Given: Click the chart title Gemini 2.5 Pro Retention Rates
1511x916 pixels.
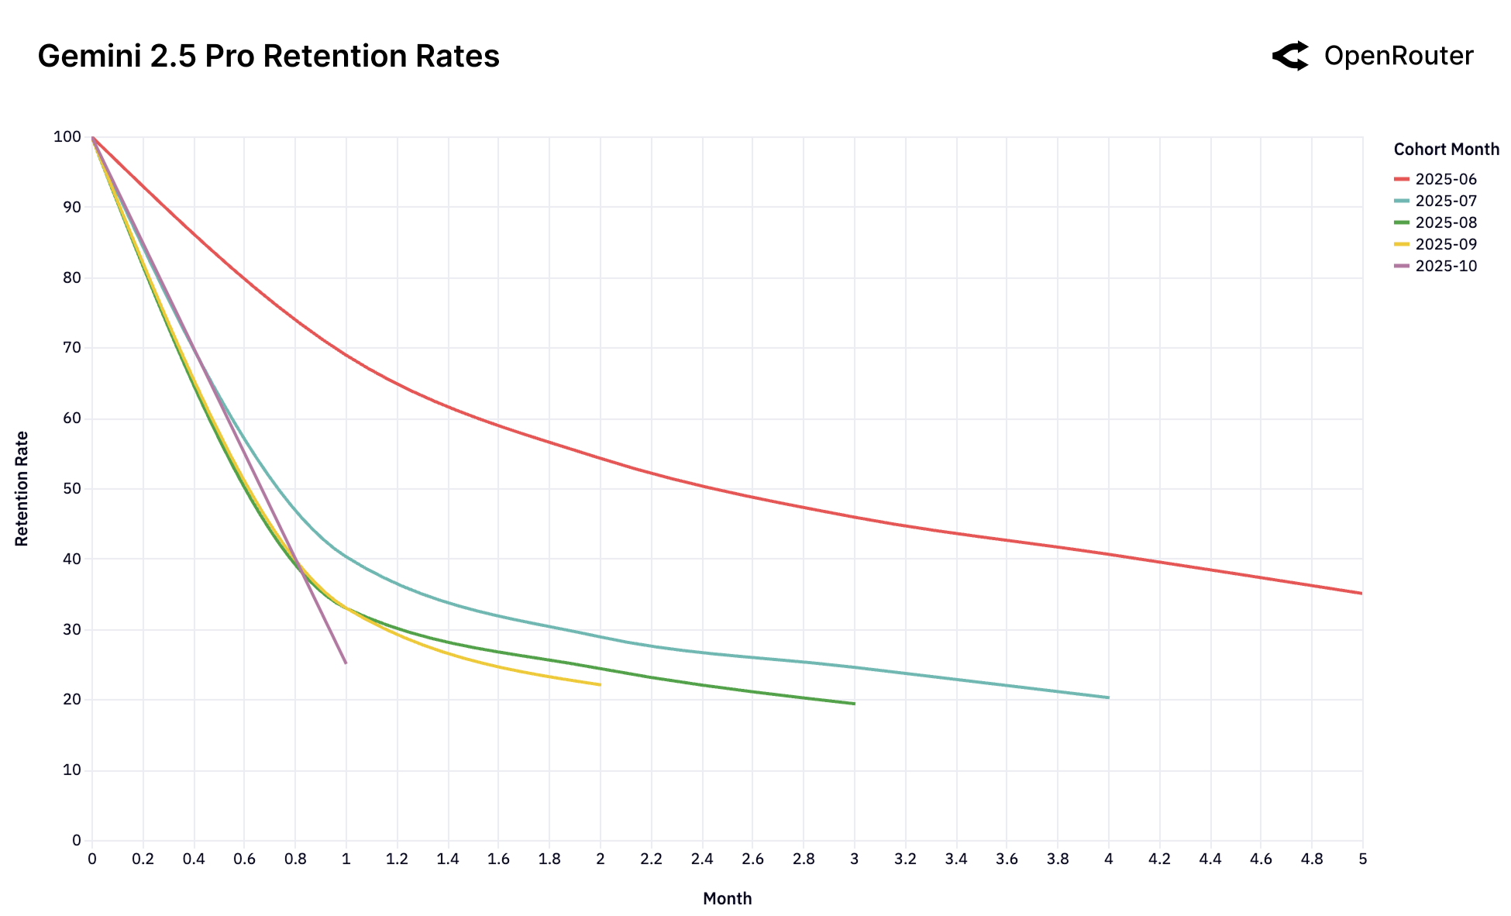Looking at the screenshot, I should click(268, 57).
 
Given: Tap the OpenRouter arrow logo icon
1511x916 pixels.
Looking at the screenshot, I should click(1291, 57).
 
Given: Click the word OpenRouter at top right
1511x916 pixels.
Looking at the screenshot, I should click(1398, 57).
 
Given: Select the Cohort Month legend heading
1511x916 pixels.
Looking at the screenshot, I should click(1446, 150).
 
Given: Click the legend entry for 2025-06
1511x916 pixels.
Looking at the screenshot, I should click(1445, 179).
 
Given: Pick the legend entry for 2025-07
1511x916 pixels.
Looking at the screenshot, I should click(1445, 201).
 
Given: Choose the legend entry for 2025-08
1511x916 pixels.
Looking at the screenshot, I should click(1445, 222).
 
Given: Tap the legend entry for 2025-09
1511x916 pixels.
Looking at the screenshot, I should click(1445, 244).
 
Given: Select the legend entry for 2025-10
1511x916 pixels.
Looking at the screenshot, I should click(1445, 266).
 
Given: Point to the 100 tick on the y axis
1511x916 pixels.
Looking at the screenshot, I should click(67, 137).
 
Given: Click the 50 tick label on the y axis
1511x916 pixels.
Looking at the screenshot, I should click(71, 489).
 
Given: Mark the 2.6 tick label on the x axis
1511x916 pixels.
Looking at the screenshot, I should click(752, 859).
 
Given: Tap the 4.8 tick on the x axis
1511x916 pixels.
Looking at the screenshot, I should click(1312, 859).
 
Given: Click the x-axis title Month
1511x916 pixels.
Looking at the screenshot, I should click(727, 898).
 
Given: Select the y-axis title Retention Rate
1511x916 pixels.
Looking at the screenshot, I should click(22, 489).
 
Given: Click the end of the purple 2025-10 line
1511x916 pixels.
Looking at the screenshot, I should click(346, 663).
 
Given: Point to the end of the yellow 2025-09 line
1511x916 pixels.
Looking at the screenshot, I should click(600, 684).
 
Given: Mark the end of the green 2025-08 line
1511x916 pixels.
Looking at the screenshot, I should click(854, 704).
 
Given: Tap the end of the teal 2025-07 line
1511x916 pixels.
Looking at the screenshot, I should click(1108, 697).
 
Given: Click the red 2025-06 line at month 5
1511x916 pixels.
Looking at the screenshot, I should click(1361, 594).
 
